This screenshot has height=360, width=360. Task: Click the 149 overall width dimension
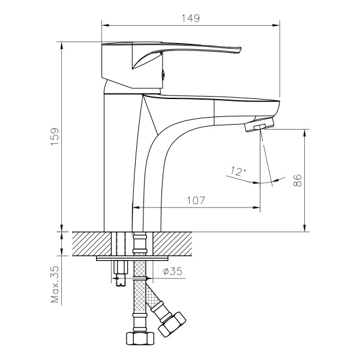(x=190, y=18)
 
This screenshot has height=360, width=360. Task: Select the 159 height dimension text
(x=54, y=139)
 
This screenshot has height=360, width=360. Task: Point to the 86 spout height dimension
(x=297, y=180)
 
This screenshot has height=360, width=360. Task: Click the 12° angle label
(x=238, y=172)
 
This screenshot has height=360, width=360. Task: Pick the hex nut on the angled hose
(x=173, y=324)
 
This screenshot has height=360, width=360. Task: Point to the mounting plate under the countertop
(x=131, y=260)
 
